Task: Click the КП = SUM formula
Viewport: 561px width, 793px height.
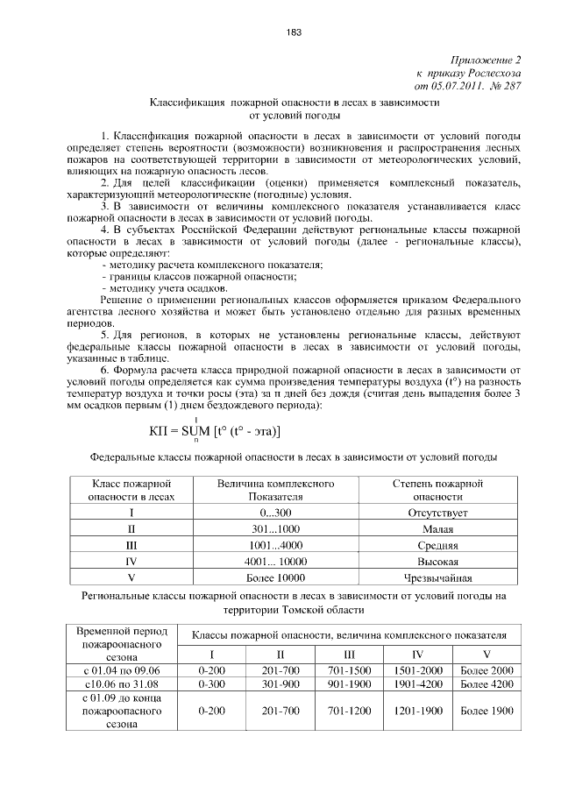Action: (x=216, y=430)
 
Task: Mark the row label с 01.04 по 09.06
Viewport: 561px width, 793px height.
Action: (x=118, y=669)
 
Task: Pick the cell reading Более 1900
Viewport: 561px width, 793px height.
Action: (x=486, y=712)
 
